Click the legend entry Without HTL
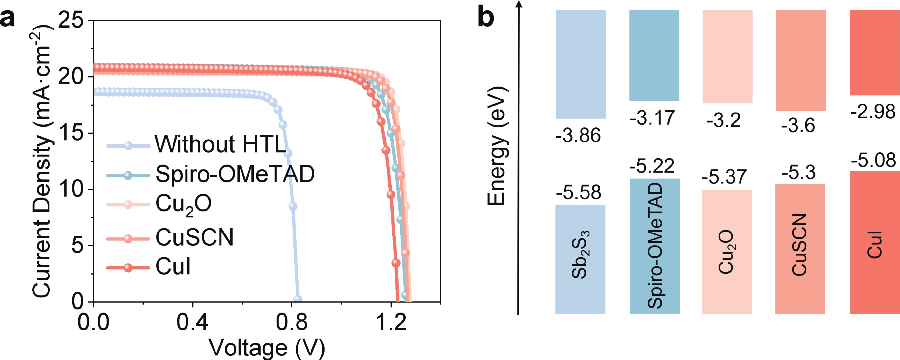pyautogui.click(x=220, y=144)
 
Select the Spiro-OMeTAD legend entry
pyautogui.click(x=235, y=174)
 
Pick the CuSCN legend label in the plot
pyautogui.click(x=194, y=238)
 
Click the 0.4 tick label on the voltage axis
pyautogui.click(x=192, y=322)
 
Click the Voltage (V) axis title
pyautogui.click(x=267, y=347)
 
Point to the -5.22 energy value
pyautogui.click(x=652, y=166)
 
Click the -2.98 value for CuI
pyautogui.click(x=873, y=112)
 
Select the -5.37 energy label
pyautogui.click(x=724, y=177)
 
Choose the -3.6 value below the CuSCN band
pyautogui.click(x=798, y=125)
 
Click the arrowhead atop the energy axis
pyautogui.click(x=519, y=4)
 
